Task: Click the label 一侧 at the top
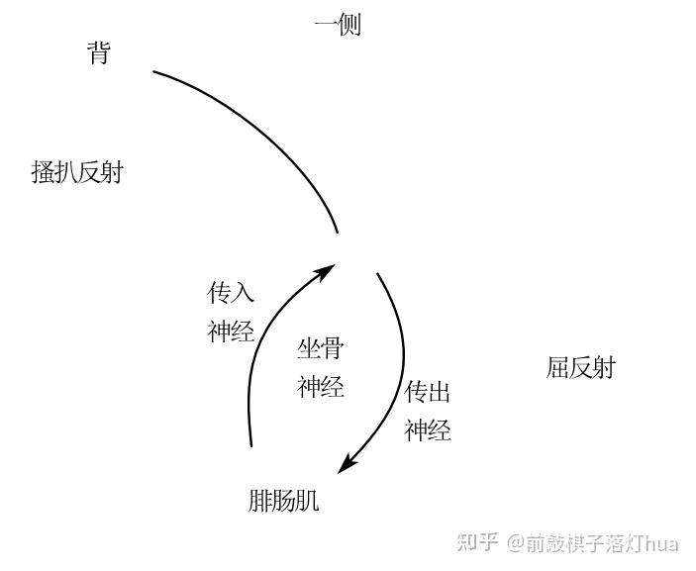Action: click(338, 25)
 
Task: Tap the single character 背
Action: click(98, 53)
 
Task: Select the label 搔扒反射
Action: click(77, 172)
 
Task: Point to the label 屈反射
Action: click(580, 368)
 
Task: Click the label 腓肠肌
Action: click(283, 501)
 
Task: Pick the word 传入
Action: click(231, 293)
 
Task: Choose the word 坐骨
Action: click(321, 348)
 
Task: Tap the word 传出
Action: click(428, 393)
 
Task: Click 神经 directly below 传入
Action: click(231, 332)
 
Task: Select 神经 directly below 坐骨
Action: click(321, 387)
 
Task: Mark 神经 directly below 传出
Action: click(428, 431)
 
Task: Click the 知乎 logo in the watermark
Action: click(476, 542)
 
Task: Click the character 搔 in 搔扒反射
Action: click(43, 172)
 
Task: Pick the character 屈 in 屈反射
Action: click(557, 368)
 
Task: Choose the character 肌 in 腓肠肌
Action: click(307, 501)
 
